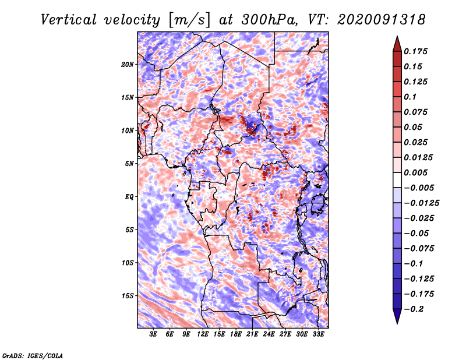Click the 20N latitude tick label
click(128, 65)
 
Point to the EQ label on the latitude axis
click(129, 197)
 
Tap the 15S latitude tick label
click(128, 296)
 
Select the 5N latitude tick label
click(129, 164)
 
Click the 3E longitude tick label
click(153, 334)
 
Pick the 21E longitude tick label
click(252, 334)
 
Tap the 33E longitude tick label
click(318, 334)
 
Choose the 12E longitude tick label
click(203, 334)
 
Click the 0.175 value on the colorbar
click(415, 51)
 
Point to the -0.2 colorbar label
click(414, 309)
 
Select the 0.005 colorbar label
click(415, 172)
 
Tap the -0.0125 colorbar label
click(421, 203)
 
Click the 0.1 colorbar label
click(410, 97)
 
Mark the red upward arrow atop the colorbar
click(397, 44)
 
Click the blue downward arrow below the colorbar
click(397, 316)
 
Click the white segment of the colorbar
click(397, 180)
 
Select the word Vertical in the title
click(69, 20)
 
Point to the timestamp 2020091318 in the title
click(382, 20)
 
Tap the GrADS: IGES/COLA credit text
click(33, 355)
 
